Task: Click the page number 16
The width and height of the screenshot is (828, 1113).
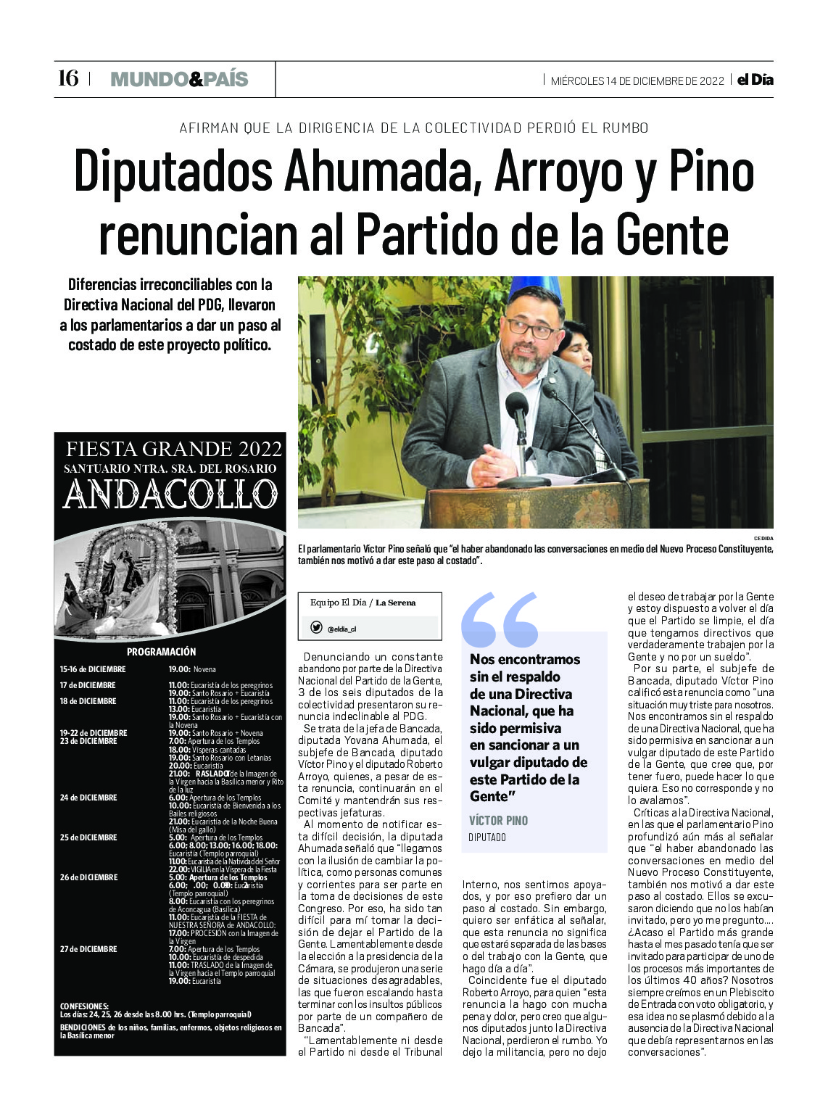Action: click(68, 78)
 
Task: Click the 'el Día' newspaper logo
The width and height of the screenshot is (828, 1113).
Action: click(755, 80)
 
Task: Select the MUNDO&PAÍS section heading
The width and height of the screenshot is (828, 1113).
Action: click(179, 79)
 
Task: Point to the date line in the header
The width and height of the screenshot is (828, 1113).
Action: click(637, 80)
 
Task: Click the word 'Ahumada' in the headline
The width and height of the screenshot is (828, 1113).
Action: click(378, 172)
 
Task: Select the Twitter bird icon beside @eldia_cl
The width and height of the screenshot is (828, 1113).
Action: click(317, 628)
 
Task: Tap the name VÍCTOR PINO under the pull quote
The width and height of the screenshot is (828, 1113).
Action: click(499, 820)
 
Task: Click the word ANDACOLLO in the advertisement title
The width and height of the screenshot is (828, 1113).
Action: click(170, 495)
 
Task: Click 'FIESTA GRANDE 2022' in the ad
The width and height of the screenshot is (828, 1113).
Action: click(174, 449)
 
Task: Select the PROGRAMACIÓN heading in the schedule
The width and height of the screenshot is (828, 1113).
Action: click(161, 651)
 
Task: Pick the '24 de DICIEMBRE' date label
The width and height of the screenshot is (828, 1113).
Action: click(88, 798)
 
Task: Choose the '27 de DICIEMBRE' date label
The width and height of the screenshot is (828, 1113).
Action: click(88, 949)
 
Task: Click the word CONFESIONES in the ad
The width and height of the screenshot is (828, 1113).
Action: click(84, 1006)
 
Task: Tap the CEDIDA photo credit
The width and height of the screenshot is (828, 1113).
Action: click(763, 538)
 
